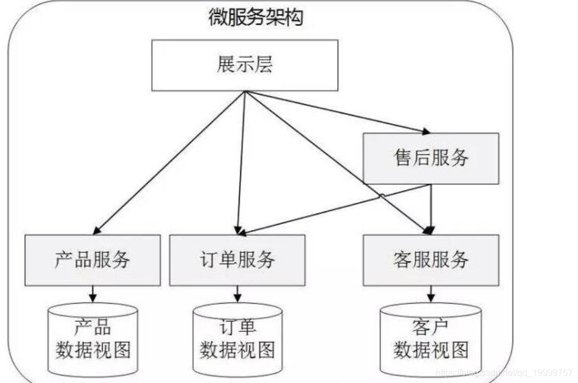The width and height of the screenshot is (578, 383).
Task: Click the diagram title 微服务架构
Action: [x=256, y=17]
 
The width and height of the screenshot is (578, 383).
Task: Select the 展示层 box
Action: [x=245, y=65]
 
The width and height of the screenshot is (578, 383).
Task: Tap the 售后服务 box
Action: [x=431, y=158]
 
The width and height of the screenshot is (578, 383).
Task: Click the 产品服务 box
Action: [x=92, y=260]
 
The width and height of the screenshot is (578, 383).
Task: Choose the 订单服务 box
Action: [x=237, y=260]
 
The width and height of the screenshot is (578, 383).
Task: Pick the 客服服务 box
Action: [x=431, y=260]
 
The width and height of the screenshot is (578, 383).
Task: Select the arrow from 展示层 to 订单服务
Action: [x=241, y=163]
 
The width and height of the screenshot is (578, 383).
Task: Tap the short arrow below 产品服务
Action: [x=93, y=293]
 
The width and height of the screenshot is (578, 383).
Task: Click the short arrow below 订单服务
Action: [x=238, y=293]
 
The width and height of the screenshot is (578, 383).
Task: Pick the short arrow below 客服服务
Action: [x=431, y=293]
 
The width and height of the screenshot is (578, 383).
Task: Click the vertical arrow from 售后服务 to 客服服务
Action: [x=431, y=206]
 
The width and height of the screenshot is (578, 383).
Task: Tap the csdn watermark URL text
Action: [x=504, y=372]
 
